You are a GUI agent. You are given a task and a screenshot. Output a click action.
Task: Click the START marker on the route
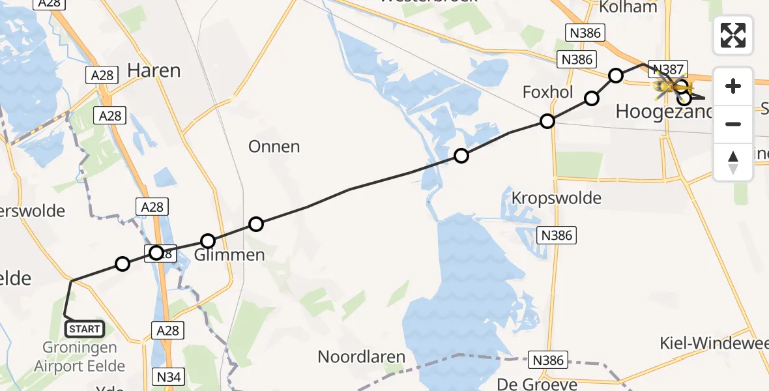click(85, 328)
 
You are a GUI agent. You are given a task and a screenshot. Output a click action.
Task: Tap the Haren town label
click(154, 70)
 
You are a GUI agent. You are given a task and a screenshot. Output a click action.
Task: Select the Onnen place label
click(274, 147)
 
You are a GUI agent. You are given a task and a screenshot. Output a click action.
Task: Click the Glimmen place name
click(229, 255)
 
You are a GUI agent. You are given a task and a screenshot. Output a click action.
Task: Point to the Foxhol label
click(547, 93)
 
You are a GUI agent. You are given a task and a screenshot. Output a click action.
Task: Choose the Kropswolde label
click(557, 198)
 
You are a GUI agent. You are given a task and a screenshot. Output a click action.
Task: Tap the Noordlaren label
click(362, 357)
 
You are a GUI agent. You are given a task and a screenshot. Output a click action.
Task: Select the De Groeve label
click(528, 384)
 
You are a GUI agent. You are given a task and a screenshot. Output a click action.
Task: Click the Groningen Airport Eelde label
click(80, 357)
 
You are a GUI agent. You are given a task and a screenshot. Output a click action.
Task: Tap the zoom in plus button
click(733, 86)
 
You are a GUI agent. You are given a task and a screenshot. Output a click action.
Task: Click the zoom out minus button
click(733, 124)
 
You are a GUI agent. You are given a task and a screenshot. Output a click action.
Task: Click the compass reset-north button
click(733, 162)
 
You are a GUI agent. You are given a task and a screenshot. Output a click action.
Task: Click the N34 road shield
click(169, 376)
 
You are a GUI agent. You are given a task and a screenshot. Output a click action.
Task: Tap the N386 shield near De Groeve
click(547, 360)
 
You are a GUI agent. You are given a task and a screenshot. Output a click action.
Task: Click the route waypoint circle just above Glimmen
click(207, 241)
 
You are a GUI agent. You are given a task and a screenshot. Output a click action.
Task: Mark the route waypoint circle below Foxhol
click(547, 121)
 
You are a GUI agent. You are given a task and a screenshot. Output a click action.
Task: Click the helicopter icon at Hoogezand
click(671, 87)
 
